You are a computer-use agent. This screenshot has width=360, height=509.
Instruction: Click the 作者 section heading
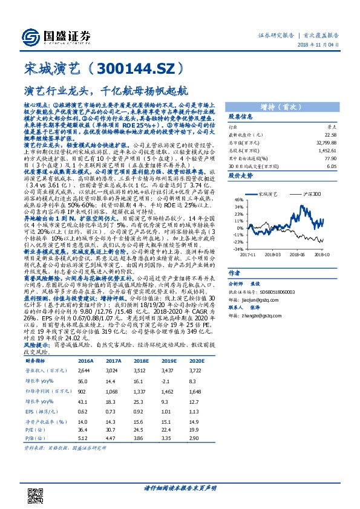click(235, 271)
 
